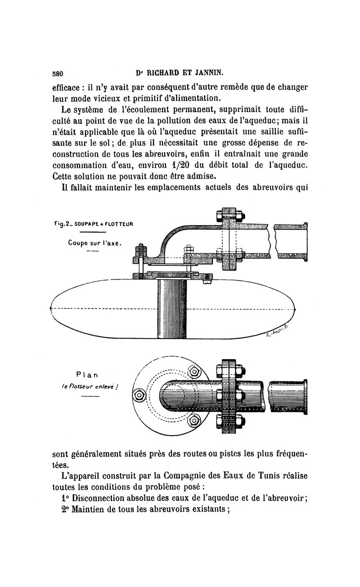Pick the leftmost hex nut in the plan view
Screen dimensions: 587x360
point(139,396)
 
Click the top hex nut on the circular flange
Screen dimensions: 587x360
point(194,371)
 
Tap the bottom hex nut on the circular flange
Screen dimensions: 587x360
point(194,421)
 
